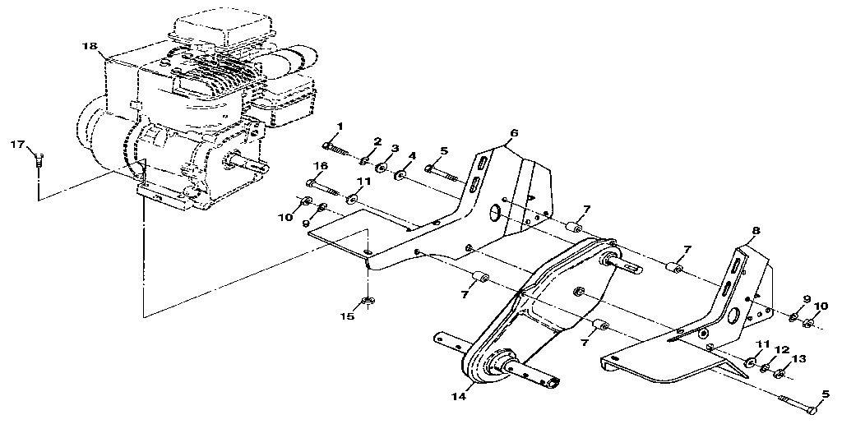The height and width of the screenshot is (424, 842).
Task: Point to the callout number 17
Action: pyautogui.click(x=16, y=145)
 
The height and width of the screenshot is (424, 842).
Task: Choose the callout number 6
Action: pyautogui.click(x=514, y=132)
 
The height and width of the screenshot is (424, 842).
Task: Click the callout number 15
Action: pyautogui.click(x=348, y=316)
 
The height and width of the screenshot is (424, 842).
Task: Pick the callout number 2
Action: pyautogui.click(x=377, y=141)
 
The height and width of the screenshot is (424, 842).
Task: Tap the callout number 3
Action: pyautogui.click(x=395, y=149)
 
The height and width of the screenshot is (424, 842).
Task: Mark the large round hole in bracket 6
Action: pyautogui.click(x=497, y=214)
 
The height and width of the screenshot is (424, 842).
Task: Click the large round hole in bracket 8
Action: pyautogui.click(x=735, y=315)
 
